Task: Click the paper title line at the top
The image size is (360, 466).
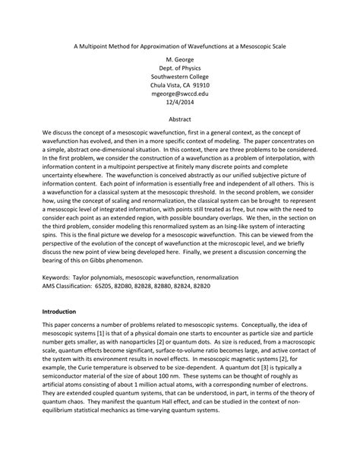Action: [179, 46]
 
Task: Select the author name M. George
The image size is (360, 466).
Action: [179, 58]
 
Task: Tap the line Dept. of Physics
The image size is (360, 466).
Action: [179, 67]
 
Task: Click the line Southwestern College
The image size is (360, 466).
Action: [179, 76]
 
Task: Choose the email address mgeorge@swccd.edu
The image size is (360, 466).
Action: [179, 94]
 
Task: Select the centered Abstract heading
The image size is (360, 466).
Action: [179, 121]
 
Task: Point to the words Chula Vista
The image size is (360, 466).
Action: [168, 85]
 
